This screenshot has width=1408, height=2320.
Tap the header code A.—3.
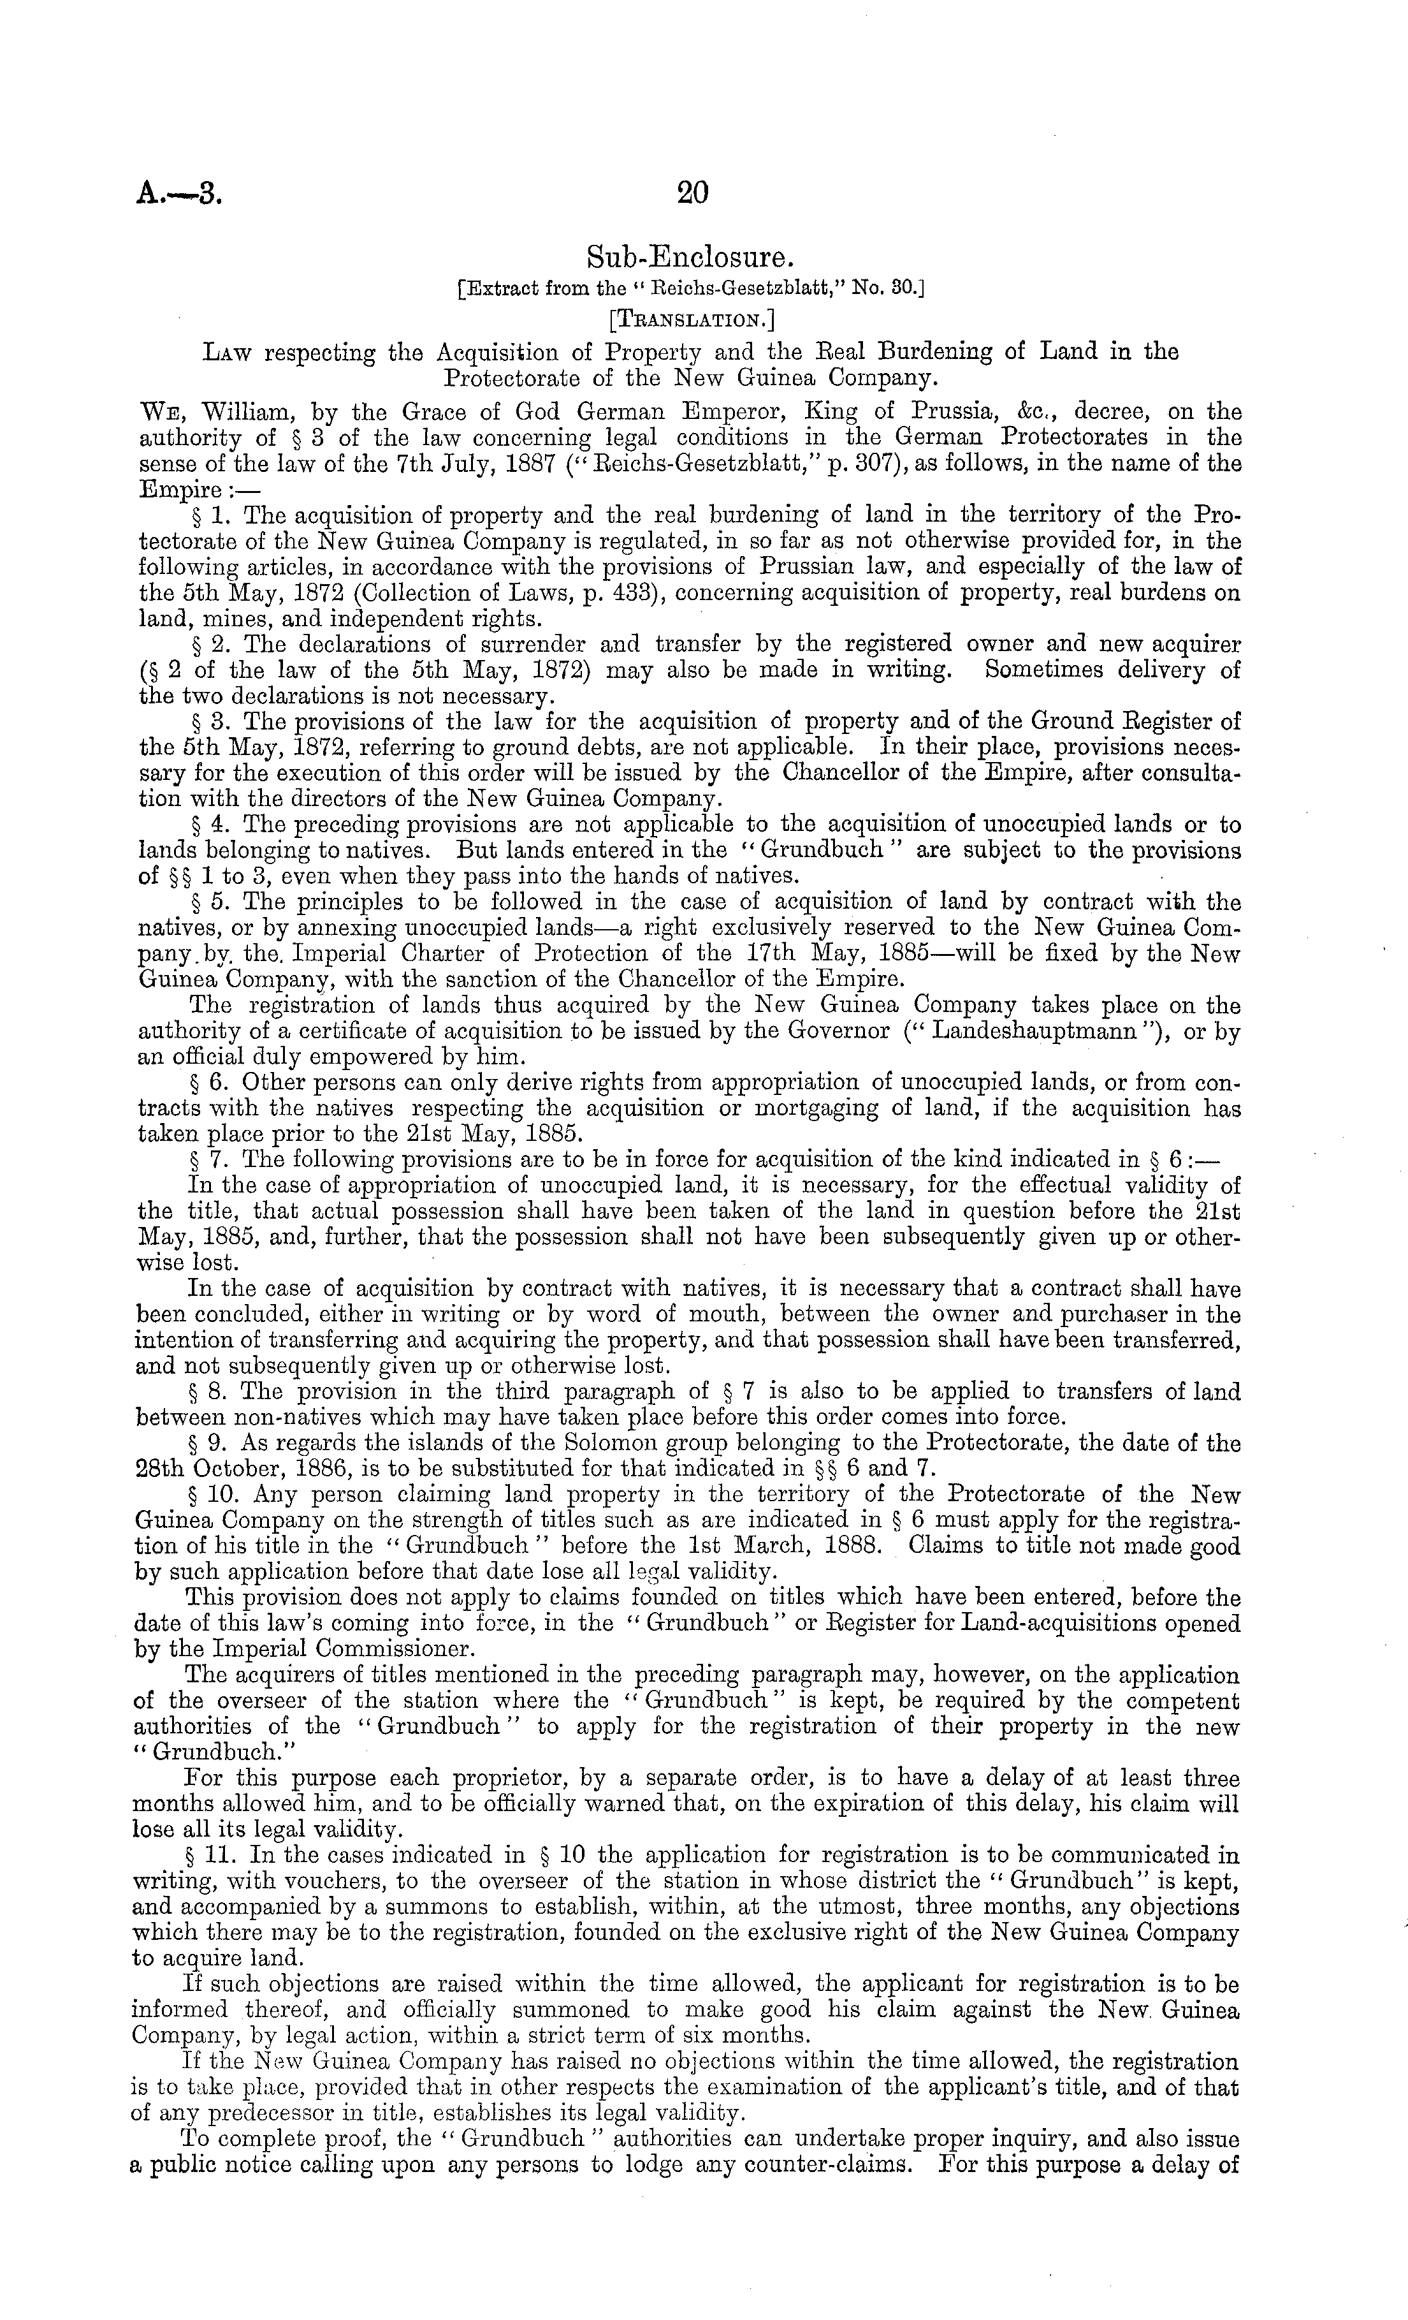(179, 194)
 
